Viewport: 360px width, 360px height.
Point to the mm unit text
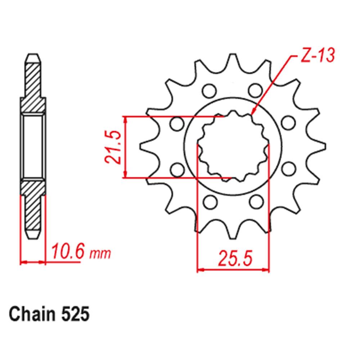tap(100, 254)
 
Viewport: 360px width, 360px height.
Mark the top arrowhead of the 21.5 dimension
tap(125, 119)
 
